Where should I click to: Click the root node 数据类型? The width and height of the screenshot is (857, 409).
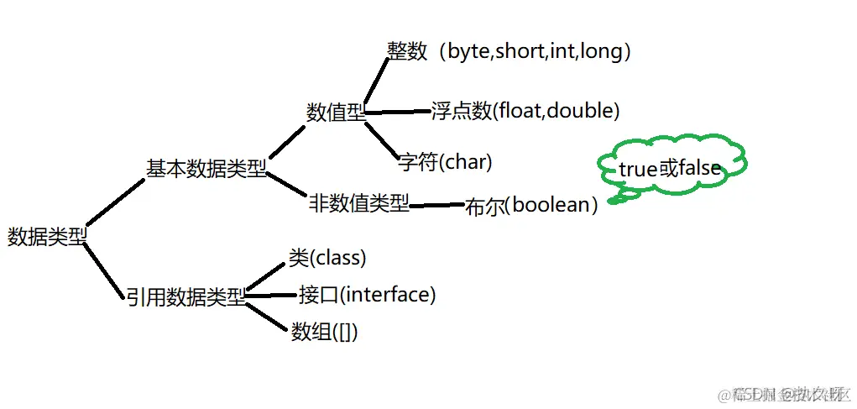[47, 237]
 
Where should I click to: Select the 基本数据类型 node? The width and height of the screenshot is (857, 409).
[206, 169]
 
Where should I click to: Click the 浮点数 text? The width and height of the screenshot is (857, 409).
[461, 110]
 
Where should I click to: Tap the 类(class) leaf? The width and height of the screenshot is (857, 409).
[328, 258]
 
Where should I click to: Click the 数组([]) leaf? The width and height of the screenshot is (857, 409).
[325, 333]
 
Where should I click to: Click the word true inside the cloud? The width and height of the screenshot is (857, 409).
[638, 169]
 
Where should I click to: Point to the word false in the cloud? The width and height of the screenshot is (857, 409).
[700, 168]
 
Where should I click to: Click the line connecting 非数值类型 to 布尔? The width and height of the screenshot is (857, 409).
[436, 205]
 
